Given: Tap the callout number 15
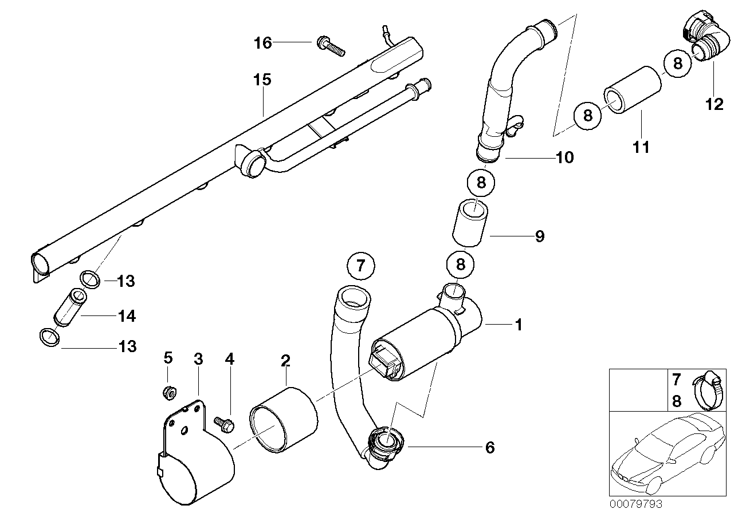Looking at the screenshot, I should [x=262, y=80].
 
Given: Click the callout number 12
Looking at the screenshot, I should [x=715, y=105].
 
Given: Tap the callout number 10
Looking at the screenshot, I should [x=564, y=157].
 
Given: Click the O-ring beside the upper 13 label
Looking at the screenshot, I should [x=90, y=279].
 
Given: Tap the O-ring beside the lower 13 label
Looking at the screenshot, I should [x=49, y=338].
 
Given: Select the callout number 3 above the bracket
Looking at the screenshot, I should [x=198, y=359].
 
